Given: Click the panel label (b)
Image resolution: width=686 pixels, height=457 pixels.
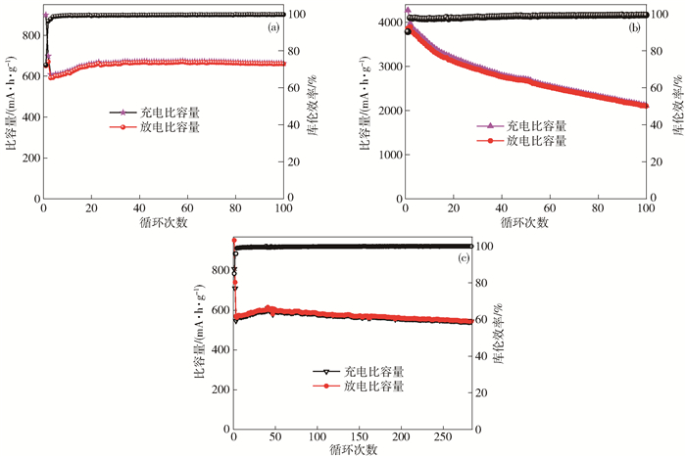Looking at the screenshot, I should click(x=634, y=28).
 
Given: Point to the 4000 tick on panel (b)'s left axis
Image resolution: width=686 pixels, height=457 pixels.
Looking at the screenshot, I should click(x=386, y=23).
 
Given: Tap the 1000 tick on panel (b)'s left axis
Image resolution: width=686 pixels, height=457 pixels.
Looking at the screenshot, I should click(x=386, y=155).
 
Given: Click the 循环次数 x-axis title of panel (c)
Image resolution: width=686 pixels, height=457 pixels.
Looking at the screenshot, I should click(x=351, y=450).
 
